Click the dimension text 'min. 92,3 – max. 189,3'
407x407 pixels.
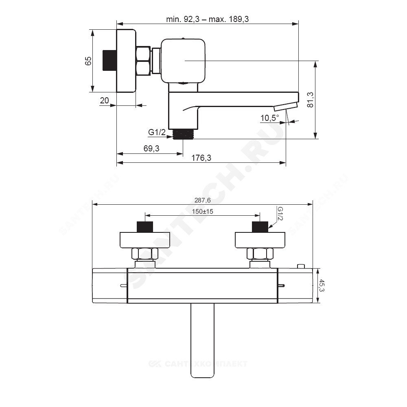(x=208, y=19)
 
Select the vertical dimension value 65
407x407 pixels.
(x=88, y=61)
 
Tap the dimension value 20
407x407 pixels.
(x=104, y=101)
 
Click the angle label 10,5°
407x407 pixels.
(x=270, y=118)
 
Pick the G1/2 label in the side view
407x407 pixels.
(x=157, y=132)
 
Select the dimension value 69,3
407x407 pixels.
(x=151, y=149)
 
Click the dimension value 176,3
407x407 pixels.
(x=201, y=158)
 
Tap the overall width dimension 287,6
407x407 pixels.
(x=202, y=200)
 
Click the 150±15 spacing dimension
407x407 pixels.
(x=202, y=212)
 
